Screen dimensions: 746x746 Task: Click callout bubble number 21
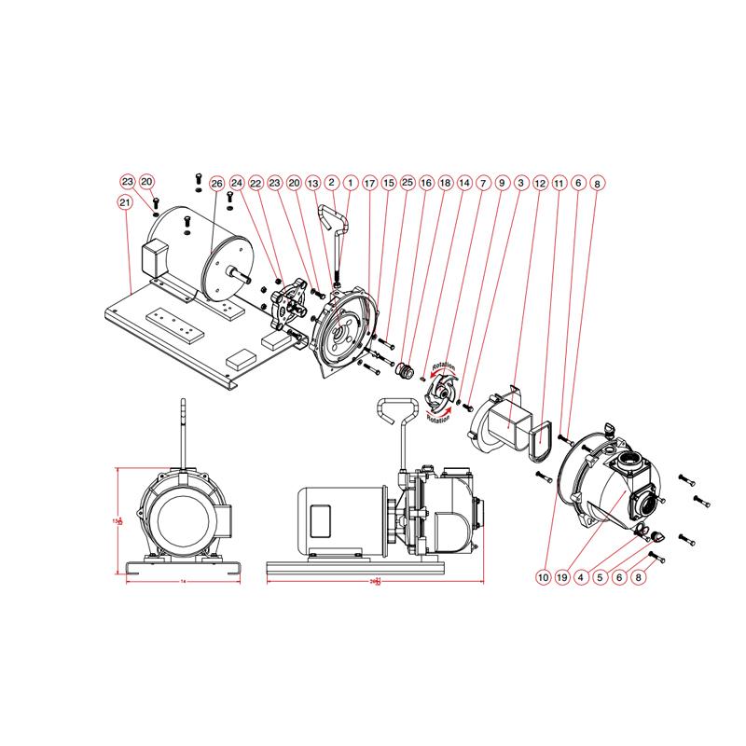(124, 201)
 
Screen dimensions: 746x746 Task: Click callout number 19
(563, 577)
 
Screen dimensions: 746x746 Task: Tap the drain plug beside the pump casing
(654, 536)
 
